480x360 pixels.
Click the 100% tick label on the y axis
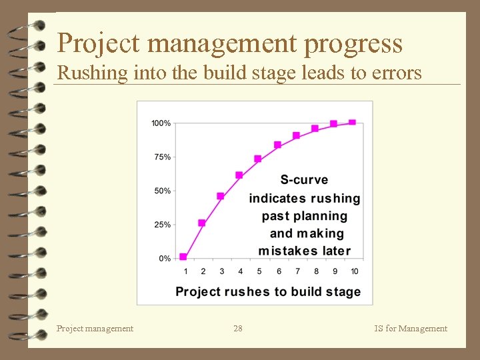click(161, 123)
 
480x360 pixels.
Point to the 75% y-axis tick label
click(162, 157)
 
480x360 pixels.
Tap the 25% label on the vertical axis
click(162, 225)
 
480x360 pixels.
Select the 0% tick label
click(164, 258)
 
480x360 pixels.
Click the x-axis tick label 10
click(354, 271)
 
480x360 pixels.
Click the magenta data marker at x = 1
click(183, 257)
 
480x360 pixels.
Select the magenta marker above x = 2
click(202, 223)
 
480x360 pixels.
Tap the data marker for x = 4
click(239, 175)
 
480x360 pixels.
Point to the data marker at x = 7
click(296, 135)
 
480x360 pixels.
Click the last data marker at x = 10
click(353, 122)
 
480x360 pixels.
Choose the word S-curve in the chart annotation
click(304, 180)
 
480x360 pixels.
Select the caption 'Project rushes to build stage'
click(268, 292)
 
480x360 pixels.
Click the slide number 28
click(238, 328)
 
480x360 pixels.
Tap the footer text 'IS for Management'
click(411, 328)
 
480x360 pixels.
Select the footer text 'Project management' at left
click(95, 328)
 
